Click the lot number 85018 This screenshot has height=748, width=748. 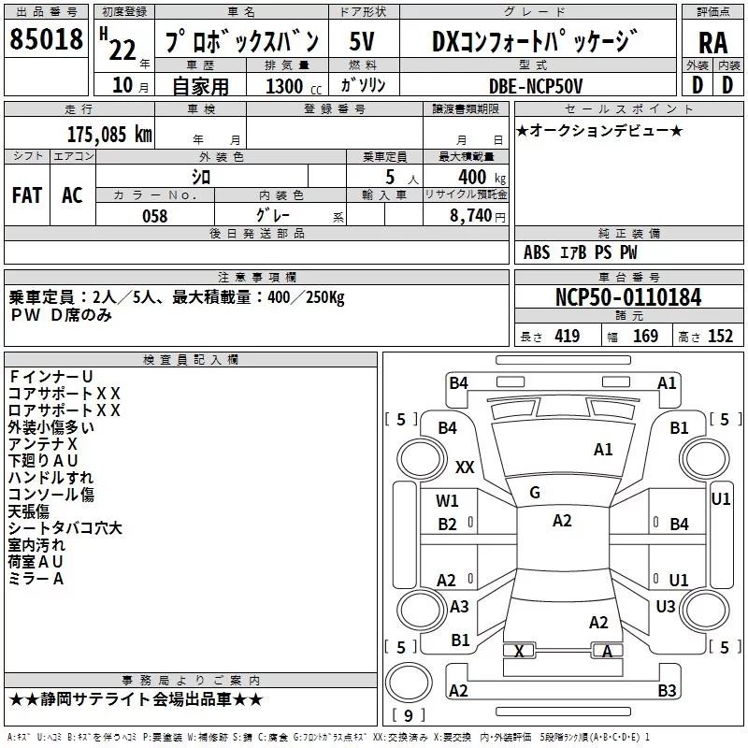point(46,40)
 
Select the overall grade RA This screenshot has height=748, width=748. point(712,42)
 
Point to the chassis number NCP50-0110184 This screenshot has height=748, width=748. point(627,297)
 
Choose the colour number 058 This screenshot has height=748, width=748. point(154,215)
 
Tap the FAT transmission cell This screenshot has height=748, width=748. point(27,194)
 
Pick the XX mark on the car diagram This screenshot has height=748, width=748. point(465,467)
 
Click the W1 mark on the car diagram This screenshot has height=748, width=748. point(448,501)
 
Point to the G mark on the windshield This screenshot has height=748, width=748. point(535,493)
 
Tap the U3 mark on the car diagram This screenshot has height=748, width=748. point(666,607)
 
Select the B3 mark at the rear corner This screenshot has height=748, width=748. point(667,691)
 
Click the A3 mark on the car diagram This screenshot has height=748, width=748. point(459,607)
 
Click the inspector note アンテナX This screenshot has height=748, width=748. point(43,444)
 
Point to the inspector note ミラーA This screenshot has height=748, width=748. point(36,579)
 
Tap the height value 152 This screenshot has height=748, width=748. point(719,337)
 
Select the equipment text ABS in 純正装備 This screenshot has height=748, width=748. point(537,252)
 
